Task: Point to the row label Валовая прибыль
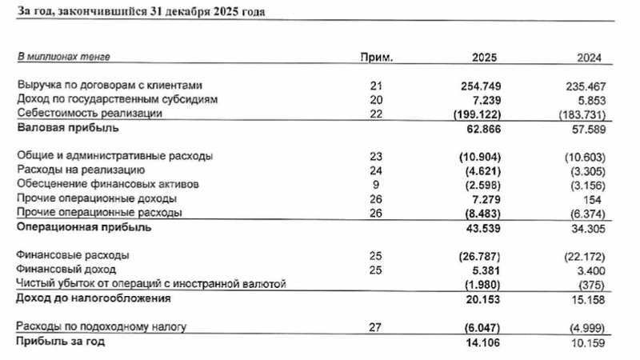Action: pyautogui.click(x=58, y=128)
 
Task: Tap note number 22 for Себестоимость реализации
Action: pyautogui.click(x=378, y=114)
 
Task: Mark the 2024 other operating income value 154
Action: pyautogui.click(x=592, y=198)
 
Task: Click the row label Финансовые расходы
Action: pyautogui.click(x=73, y=255)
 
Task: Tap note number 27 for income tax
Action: pyautogui.click(x=378, y=327)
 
